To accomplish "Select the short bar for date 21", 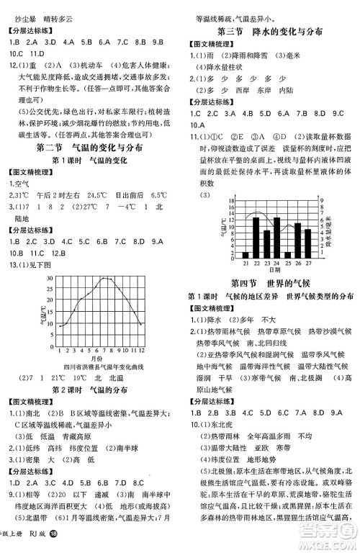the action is click(246, 254).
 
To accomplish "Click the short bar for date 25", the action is click(287, 254).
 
